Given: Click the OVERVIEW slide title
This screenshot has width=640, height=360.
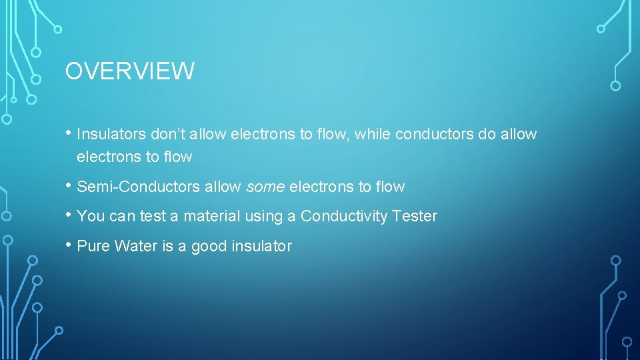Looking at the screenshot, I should coord(129,71).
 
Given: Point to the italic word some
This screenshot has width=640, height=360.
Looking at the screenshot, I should coord(265,187).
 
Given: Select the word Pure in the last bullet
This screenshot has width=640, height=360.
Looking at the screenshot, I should coord(93,247).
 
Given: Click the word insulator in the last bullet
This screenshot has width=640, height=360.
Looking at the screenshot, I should coord(261,247).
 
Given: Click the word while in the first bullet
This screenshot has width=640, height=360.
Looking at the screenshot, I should coord(373,135).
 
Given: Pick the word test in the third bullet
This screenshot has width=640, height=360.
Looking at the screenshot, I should coord(151,217).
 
